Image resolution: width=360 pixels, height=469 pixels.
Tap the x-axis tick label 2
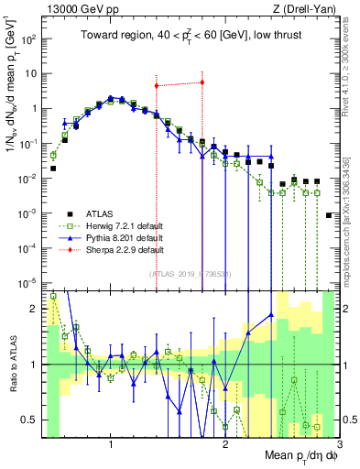coord(225,447)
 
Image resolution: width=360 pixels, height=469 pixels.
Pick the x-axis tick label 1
coord(111,447)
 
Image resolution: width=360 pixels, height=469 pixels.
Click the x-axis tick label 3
coord(338,447)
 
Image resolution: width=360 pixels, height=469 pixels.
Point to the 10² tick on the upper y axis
coord(30,39)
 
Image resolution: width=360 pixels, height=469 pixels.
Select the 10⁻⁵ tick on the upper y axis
coord(30,282)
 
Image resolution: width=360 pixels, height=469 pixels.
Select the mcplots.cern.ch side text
coord(352,202)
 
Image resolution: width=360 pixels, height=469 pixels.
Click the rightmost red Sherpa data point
coord(202,82)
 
